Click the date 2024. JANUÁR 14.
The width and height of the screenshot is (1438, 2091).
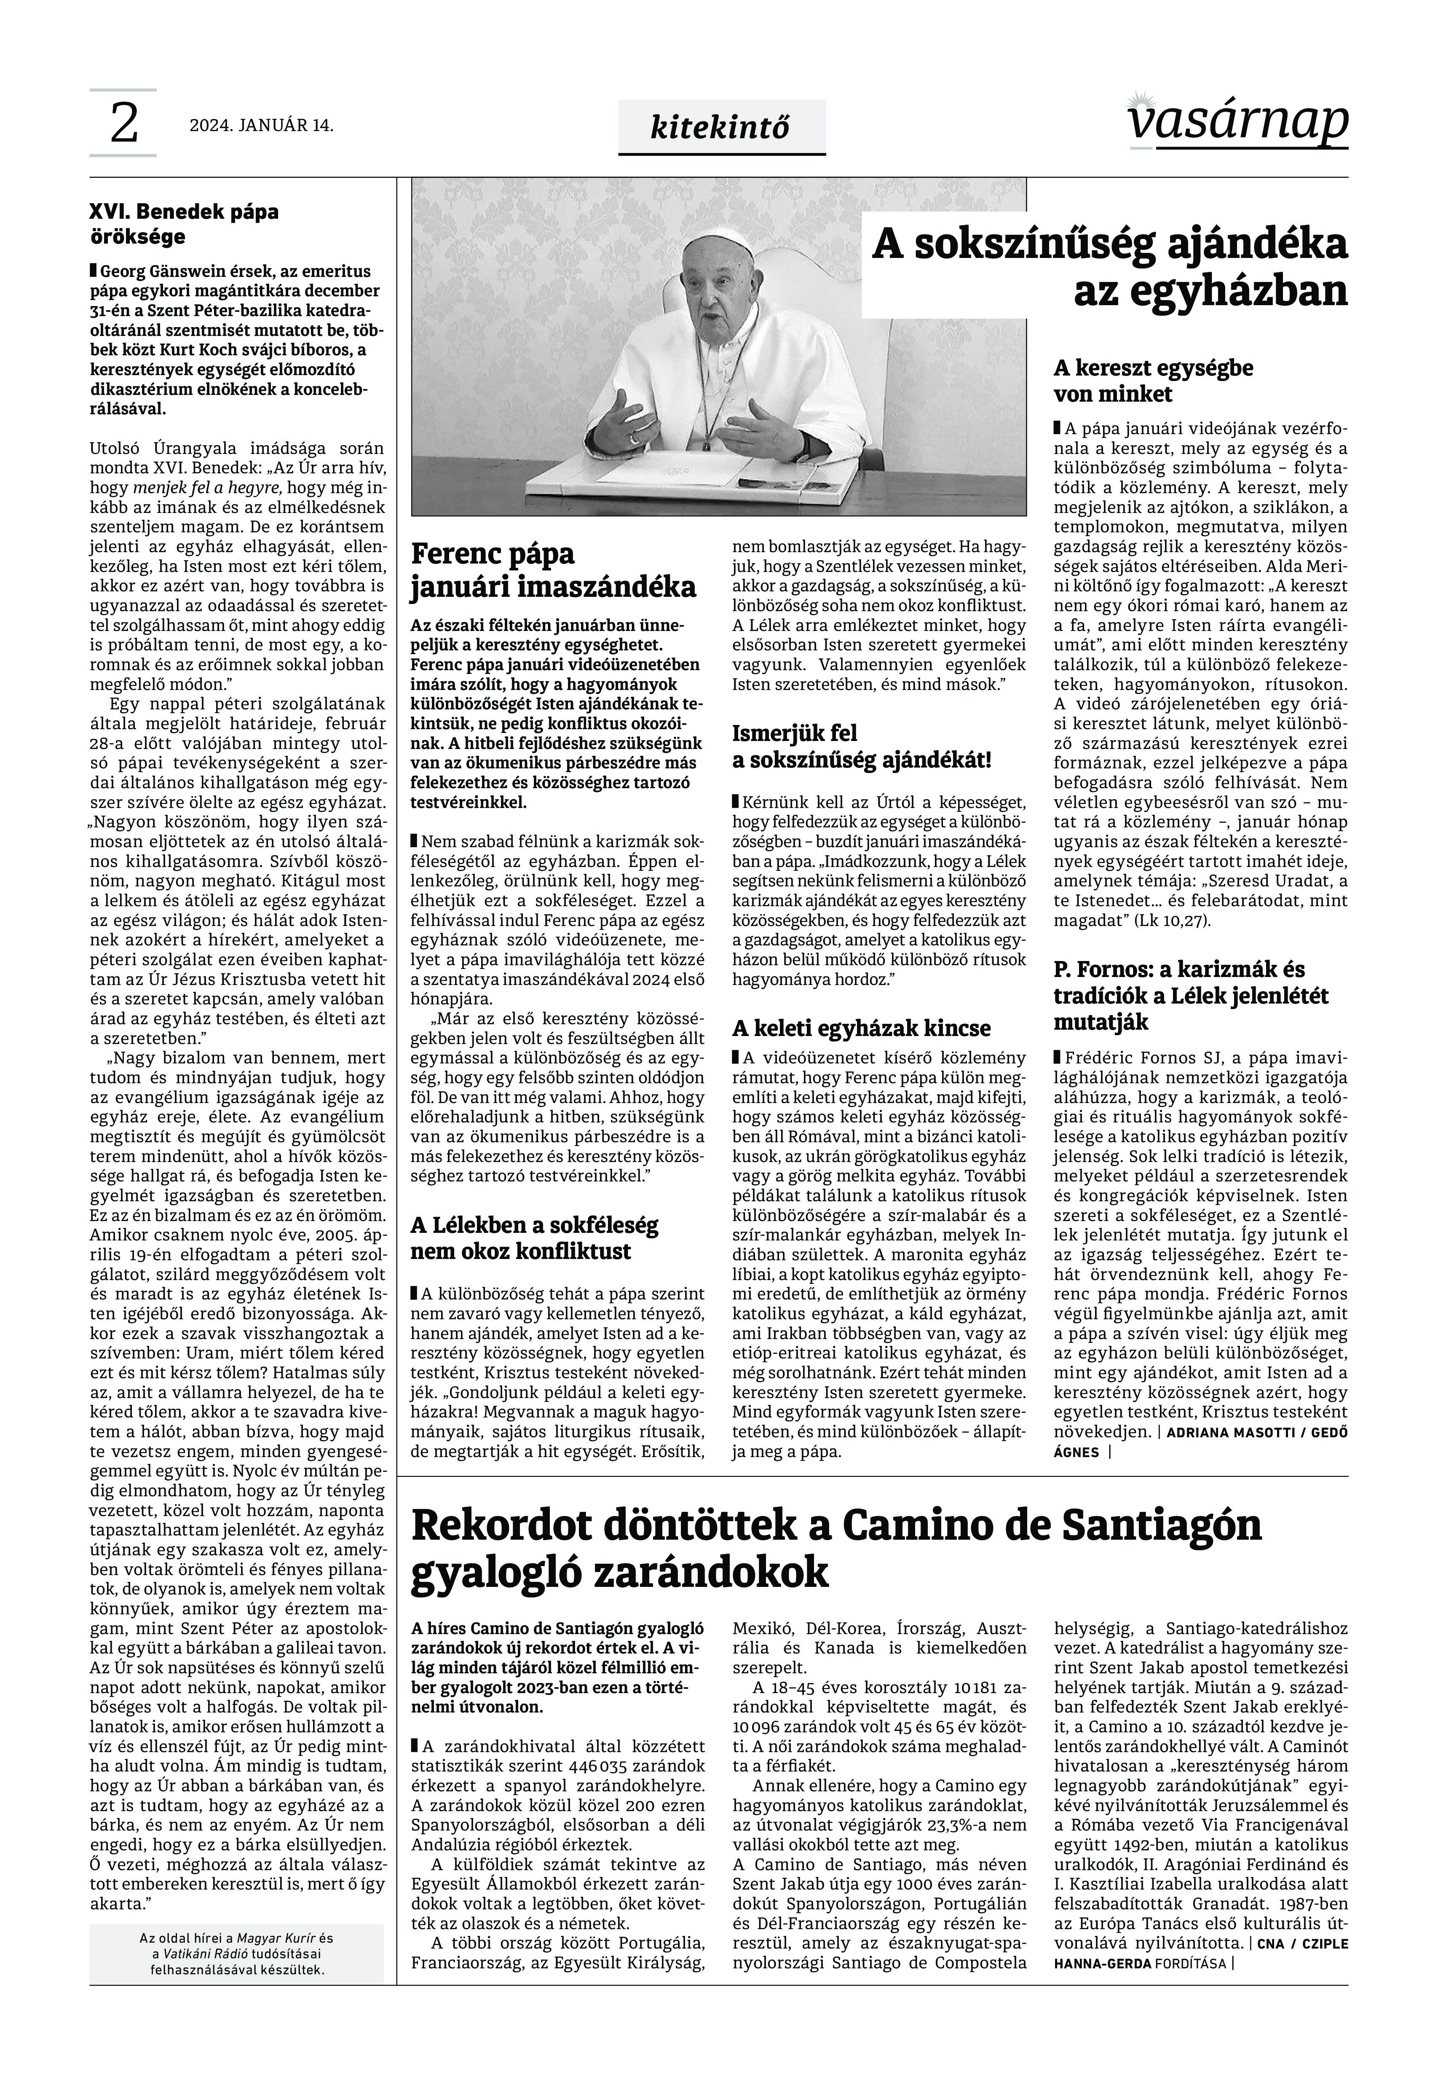click(261, 126)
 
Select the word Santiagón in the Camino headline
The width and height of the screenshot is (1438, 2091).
click(1162, 1525)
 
